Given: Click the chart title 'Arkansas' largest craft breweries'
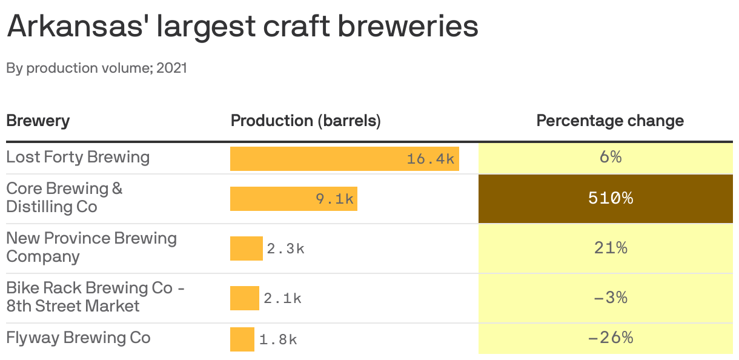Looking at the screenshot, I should pos(242,27).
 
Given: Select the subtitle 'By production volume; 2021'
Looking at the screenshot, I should pos(97,68).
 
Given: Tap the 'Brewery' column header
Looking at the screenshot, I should pos(38,121).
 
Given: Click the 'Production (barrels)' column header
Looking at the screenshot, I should pos(305,121).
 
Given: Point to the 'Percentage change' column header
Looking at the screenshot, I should pos(610,121).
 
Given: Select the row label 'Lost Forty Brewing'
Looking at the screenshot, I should pos(78,157).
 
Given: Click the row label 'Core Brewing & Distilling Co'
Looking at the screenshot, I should pos(64,198).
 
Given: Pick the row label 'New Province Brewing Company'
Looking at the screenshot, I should pos(91,247).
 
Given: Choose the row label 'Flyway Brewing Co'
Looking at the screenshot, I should pos(78,338).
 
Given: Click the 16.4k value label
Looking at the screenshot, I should pos(430,159).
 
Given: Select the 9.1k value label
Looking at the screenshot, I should pos(334,199).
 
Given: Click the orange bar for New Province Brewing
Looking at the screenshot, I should pos(246,248).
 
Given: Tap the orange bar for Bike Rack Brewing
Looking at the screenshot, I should pos(244,298).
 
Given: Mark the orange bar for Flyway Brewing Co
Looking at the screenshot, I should pos(242,339).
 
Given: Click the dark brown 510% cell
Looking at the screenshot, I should pos(606,198).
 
